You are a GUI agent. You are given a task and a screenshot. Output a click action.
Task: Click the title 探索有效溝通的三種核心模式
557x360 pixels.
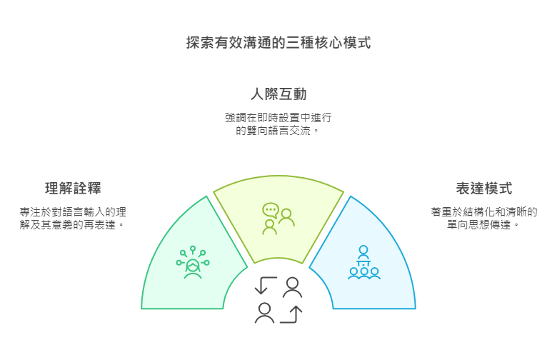(278, 43)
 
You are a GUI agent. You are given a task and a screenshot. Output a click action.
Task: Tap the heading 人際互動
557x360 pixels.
(278, 94)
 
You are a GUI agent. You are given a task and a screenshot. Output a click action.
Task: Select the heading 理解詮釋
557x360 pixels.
(73, 189)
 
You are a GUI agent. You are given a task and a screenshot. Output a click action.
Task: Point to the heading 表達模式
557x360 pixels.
(484, 189)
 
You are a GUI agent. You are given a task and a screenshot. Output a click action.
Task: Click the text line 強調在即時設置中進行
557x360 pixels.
(278, 117)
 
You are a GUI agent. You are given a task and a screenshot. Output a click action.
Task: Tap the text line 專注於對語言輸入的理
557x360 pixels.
(73, 211)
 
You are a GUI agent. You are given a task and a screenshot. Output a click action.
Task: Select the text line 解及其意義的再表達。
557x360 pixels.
(73, 225)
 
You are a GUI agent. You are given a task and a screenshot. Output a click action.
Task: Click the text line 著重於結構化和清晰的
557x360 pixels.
(484, 211)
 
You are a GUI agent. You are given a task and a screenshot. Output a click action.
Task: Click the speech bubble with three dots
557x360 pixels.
(270, 210)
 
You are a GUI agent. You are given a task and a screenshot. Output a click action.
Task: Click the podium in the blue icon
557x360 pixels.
(363, 262)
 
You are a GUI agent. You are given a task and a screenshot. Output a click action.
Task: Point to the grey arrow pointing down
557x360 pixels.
(264, 286)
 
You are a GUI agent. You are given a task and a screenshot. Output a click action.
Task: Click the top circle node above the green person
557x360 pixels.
(193, 248)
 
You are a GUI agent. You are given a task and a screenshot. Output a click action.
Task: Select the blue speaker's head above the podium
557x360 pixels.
(363, 250)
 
